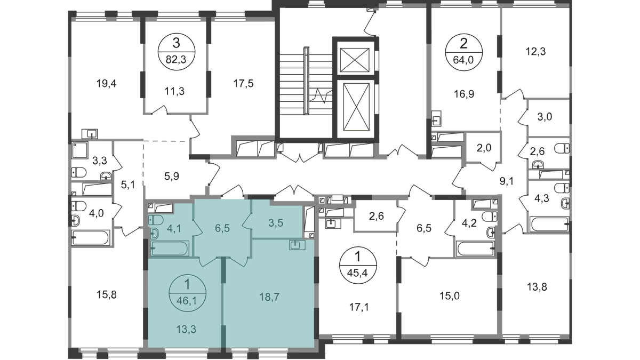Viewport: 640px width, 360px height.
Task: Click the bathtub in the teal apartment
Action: tap(169, 247)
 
